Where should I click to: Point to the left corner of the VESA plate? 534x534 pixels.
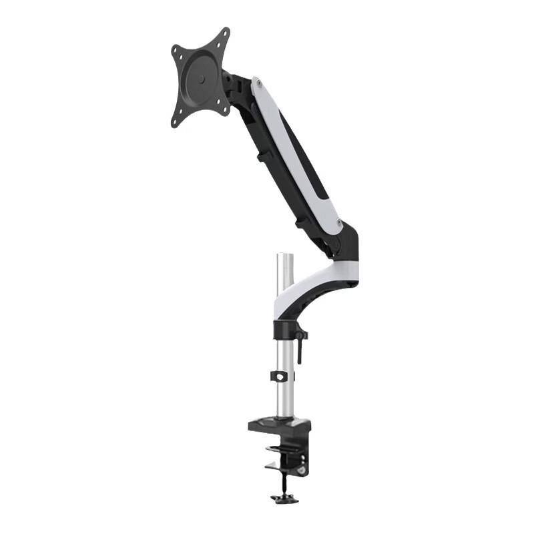175,51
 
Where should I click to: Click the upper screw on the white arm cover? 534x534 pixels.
257,85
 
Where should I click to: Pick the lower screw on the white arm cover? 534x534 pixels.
339,222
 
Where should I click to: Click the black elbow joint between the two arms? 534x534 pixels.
347,244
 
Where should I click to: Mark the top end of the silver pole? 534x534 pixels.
286,256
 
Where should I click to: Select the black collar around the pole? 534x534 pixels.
286,330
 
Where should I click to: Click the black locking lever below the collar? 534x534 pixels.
300,347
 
